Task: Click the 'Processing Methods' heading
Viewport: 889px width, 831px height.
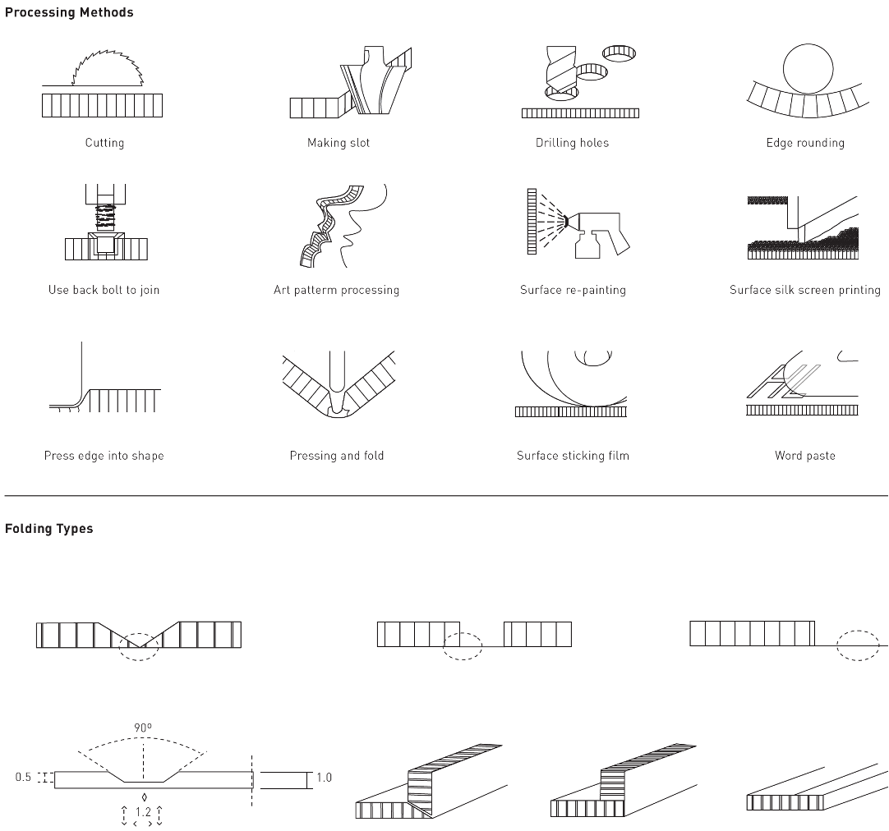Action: [69, 12]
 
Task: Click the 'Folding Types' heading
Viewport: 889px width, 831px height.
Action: [49, 529]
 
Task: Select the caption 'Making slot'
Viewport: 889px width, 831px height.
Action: [339, 143]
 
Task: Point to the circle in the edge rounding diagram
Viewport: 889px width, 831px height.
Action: [808, 68]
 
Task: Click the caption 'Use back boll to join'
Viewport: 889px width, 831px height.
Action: [104, 290]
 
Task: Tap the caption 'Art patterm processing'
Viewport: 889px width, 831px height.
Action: [336, 290]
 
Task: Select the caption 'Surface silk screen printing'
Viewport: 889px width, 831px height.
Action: [804, 290]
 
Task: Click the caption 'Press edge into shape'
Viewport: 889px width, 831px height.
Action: [104, 456]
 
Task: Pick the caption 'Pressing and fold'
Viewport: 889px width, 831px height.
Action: [336, 456]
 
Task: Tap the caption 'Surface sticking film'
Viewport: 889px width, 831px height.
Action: [573, 456]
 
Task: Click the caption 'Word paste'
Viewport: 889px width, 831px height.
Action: [804, 456]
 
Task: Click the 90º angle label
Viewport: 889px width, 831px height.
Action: [144, 728]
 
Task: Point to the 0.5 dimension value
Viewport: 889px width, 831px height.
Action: [23, 777]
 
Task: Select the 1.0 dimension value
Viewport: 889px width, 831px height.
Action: [324, 777]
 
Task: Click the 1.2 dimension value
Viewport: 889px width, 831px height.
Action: [144, 812]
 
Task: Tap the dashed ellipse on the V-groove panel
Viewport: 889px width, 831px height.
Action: [138, 646]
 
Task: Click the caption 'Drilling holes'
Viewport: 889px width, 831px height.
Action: [572, 143]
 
